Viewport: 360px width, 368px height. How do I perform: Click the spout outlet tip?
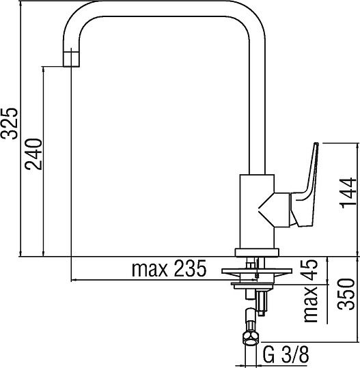71,60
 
